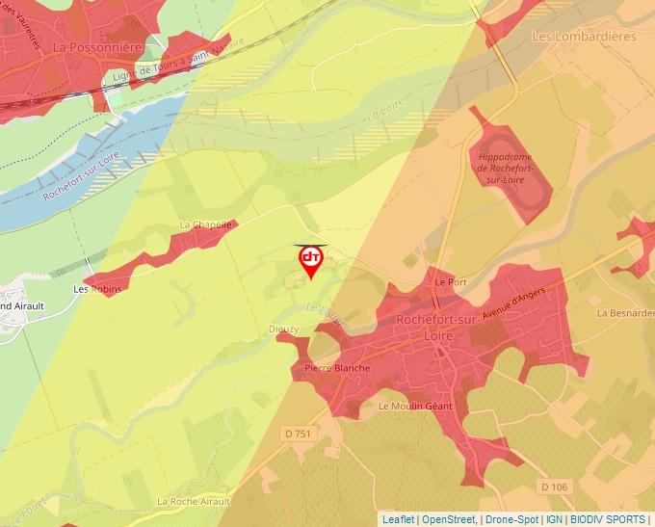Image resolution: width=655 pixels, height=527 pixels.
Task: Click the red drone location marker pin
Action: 311,260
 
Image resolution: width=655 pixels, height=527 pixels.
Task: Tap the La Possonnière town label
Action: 97,46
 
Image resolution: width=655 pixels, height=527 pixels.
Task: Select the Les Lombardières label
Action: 585,37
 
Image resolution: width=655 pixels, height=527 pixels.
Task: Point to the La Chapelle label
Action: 206,225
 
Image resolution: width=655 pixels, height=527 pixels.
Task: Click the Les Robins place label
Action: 95,288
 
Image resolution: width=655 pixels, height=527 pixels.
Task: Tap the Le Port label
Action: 450,283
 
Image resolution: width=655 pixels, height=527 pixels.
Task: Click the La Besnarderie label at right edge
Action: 625,313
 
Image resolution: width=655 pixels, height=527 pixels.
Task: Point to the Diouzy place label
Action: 283,329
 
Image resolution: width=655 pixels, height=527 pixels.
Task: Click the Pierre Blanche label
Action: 337,368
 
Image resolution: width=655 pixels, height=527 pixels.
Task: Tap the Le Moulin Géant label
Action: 415,407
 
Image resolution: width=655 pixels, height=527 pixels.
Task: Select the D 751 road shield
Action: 300,435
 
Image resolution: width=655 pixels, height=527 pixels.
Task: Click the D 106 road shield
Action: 556,487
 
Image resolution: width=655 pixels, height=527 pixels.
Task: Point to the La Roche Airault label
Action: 194,502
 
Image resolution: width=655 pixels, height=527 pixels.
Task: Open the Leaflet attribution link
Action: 399,519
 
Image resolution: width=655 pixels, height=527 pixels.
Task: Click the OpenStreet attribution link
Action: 449,519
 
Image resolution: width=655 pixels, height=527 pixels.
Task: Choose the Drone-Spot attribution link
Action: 511,519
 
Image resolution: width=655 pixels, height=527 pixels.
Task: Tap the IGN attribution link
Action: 554,519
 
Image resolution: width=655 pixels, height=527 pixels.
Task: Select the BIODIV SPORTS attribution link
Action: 608,519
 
